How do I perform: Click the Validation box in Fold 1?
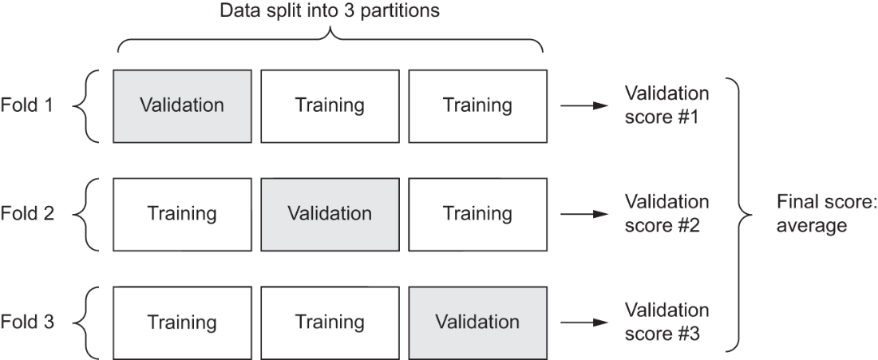182,105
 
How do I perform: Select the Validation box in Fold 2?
330,213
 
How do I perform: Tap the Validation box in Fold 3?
477,322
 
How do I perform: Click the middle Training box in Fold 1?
330,105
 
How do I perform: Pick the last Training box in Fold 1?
477,105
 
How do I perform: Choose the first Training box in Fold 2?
182,213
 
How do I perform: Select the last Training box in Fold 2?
477,213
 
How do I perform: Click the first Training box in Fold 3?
182,322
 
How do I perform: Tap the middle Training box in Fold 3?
330,322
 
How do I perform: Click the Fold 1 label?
27,105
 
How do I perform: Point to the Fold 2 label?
27,214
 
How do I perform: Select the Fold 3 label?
27,322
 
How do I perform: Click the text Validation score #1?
666,105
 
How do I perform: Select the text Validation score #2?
666,213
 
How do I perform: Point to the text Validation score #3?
666,322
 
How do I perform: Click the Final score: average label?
814,213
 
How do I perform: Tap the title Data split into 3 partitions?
330,13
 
